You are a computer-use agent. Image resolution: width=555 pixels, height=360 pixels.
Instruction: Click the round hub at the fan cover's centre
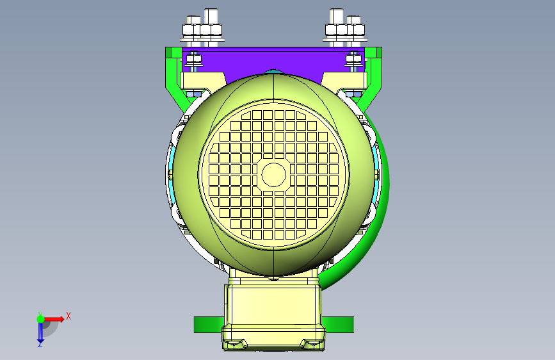tap(273, 175)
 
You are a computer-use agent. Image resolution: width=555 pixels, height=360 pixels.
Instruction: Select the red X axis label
tap(68, 316)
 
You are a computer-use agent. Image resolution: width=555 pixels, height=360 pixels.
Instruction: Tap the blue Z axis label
tap(40, 344)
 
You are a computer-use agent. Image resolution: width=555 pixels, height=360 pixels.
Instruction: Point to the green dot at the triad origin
tap(41, 319)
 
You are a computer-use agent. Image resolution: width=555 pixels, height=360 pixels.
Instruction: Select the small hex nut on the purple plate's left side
tap(193, 59)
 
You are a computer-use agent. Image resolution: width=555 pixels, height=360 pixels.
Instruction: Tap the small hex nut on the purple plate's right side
tap(353, 59)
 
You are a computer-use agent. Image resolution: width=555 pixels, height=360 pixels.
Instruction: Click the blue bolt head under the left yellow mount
tap(193, 94)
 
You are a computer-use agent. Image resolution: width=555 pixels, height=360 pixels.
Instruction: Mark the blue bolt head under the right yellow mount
tap(353, 94)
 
